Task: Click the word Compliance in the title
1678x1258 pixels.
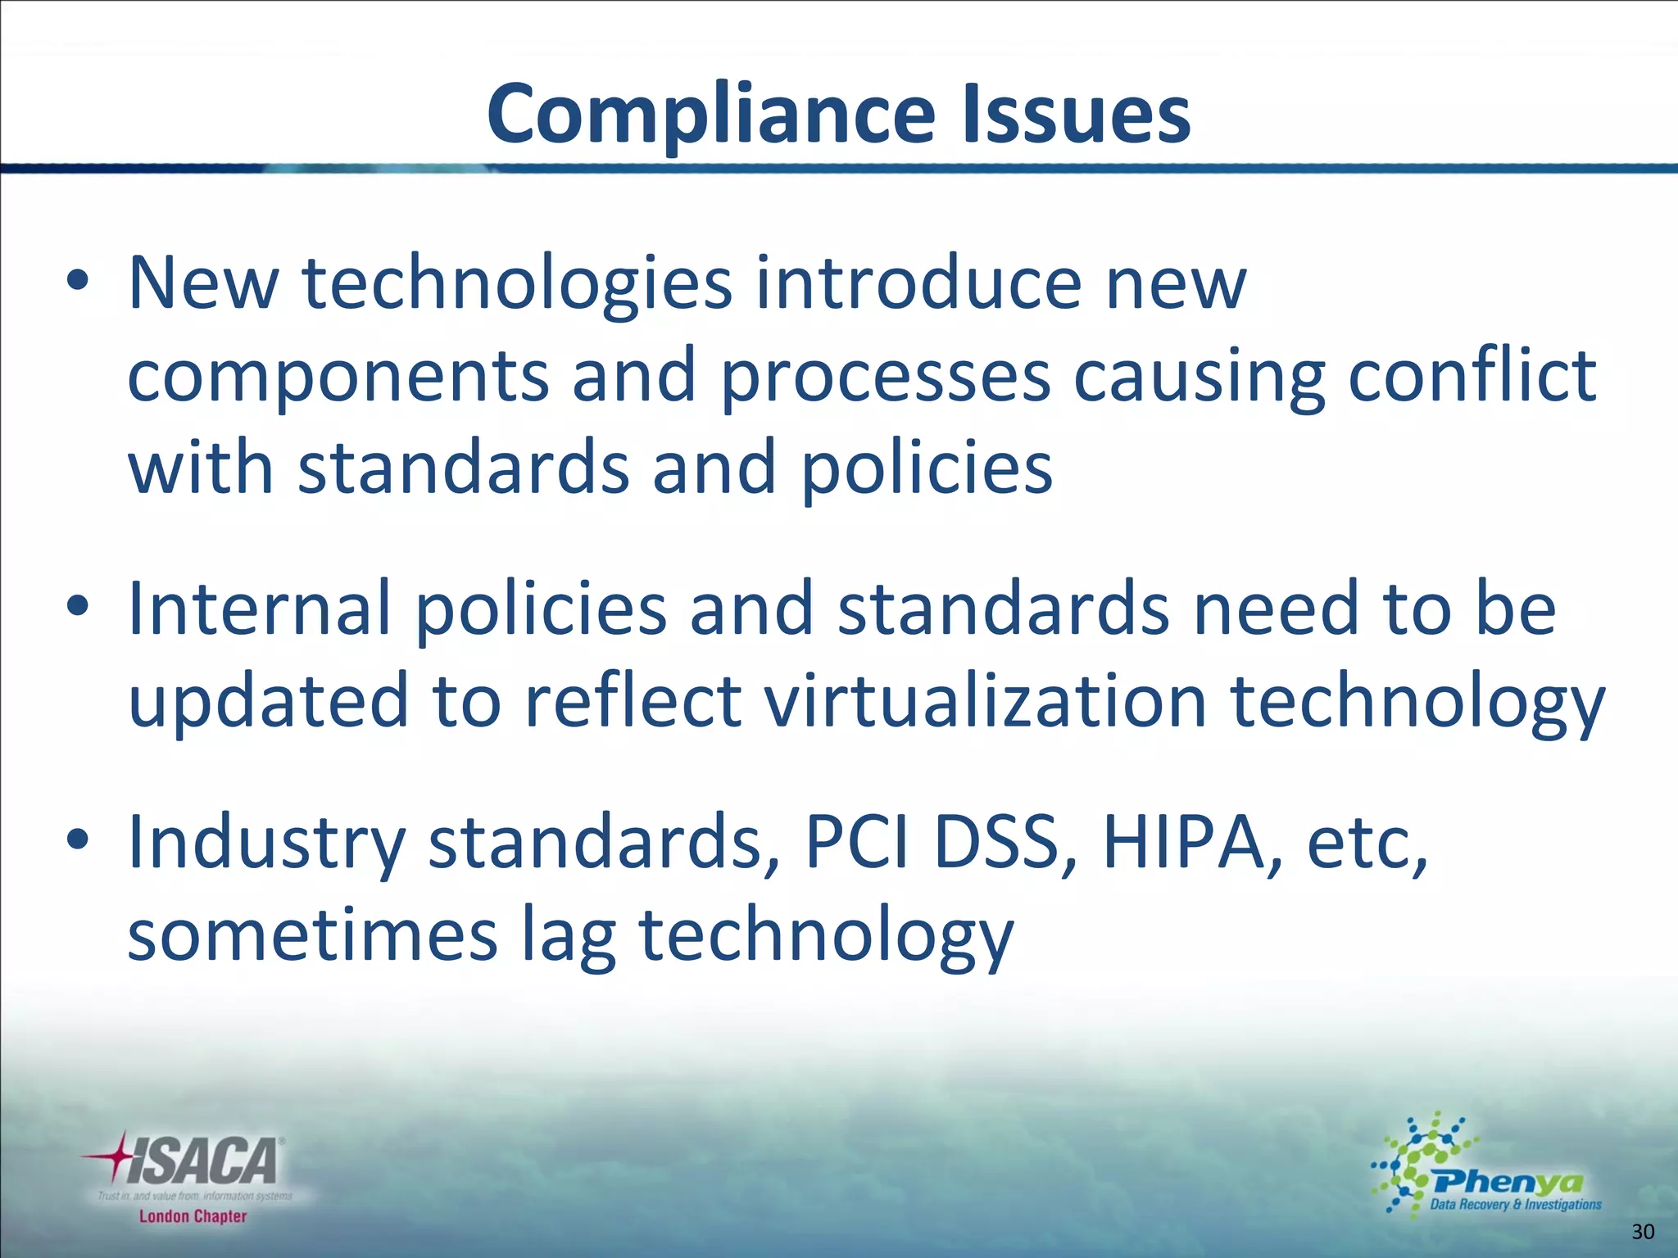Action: click(x=710, y=115)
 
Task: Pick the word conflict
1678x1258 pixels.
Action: click(x=1472, y=376)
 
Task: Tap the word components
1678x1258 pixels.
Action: click(x=338, y=376)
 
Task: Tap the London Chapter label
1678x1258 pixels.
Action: click(x=193, y=1216)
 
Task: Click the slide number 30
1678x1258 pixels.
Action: click(x=1643, y=1232)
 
